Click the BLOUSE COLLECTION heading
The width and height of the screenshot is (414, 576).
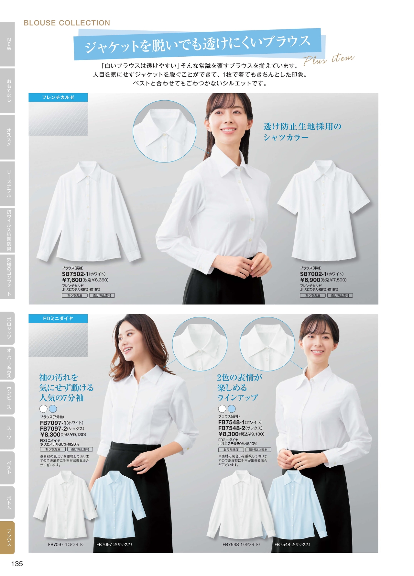click(x=67, y=23)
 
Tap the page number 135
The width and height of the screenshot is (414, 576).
click(x=17, y=563)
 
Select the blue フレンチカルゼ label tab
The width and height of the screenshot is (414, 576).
click(x=58, y=97)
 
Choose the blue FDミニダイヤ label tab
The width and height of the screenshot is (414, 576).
click(x=58, y=318)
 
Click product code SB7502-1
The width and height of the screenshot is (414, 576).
click(x=75, y=274)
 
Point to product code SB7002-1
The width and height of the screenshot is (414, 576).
click(x=313, y=274)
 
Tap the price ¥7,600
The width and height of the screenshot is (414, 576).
click(x=72, y=280)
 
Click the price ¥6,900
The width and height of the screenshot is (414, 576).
click(x=310, y=280)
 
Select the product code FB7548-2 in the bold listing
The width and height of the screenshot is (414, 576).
click(x=232, y=428)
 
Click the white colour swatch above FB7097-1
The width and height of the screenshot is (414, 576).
click(x=43, y=409)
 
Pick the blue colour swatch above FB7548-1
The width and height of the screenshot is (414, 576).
click(x=232, y=408)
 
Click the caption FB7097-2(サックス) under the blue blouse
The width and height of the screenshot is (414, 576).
click(x=114, y=544)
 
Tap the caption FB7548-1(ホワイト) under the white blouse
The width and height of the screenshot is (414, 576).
click(x=241, y=544)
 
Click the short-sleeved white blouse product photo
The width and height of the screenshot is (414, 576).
click(x=323, y=210)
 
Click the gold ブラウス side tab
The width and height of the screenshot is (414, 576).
click(x=8, y=537)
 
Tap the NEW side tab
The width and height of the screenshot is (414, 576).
click(x=8, y=44)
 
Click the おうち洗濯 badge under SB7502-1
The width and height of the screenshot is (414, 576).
click(x=75, y=295)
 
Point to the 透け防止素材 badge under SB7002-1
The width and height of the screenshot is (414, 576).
click(x=340, y=295)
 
